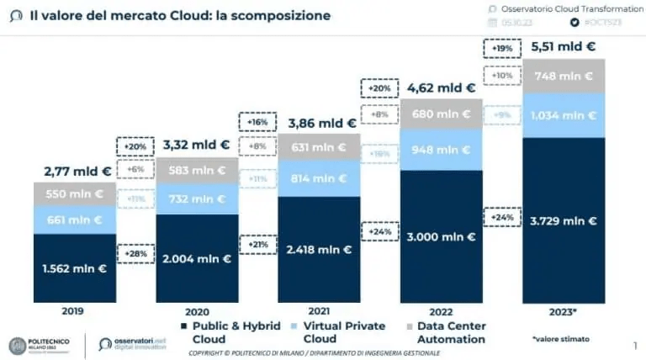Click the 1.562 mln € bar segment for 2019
click(74, 268)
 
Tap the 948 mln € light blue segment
click(442, 151)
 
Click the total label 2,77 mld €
click(77, 171)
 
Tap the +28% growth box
click(135, 253)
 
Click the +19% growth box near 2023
click(503, 49)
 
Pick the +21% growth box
click(257, 245)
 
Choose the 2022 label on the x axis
click(442, 310)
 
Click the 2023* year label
click(564, 310)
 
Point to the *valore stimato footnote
click(560, 339)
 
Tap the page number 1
click(634, 345)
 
